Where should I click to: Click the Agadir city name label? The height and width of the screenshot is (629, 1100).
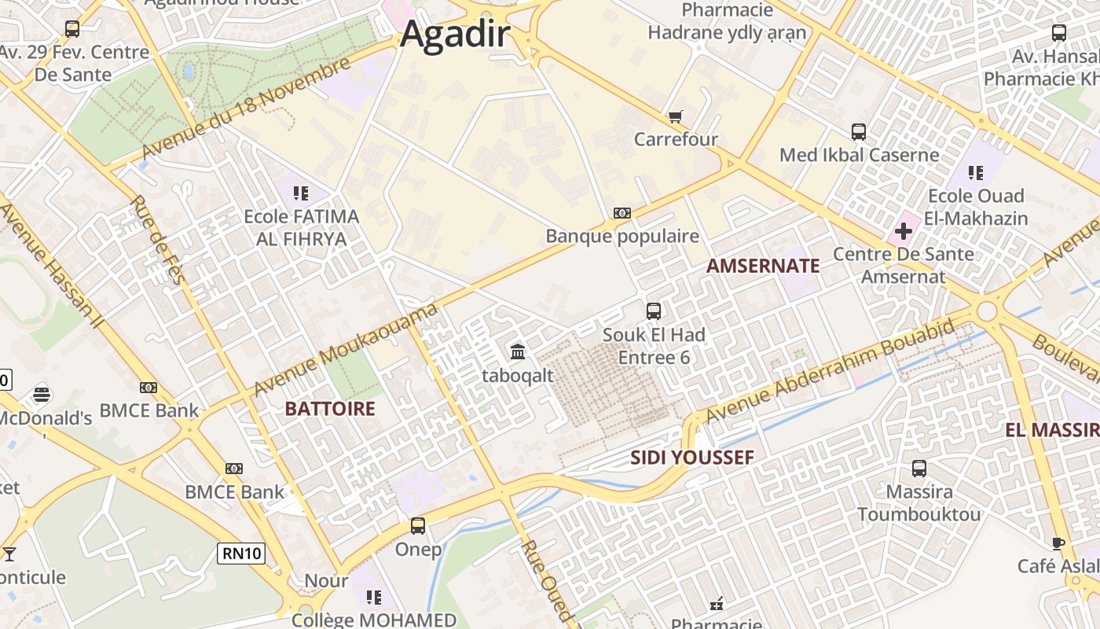(455, 35)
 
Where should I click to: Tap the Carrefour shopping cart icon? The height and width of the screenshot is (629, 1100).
(675, 117)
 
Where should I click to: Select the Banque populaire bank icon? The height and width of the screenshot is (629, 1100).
(622, 213)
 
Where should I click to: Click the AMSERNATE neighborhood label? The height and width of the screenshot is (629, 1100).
(763, 266)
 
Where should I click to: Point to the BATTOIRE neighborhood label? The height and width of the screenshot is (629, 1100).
(330, 409)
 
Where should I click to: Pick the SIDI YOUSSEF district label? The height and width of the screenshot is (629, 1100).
(692, 458)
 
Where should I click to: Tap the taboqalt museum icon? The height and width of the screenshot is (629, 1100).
(518, 351)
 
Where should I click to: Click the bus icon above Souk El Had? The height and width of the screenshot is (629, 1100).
(654, 311)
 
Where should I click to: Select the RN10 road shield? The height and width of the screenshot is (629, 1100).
(241, 554)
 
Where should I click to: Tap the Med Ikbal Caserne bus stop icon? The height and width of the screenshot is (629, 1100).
(859, 132)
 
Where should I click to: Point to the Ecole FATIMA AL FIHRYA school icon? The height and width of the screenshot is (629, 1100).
(300, 193)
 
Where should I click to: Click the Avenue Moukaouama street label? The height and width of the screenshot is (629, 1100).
(346, 350)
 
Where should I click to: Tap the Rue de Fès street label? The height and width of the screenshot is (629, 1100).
(156, 240)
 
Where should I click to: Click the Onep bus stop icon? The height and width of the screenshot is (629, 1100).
(418, 525)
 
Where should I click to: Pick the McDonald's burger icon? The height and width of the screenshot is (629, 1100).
(42, 394)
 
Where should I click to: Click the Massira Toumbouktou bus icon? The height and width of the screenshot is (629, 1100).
(919, 469)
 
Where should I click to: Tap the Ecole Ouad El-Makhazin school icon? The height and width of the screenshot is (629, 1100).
(976, 172)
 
